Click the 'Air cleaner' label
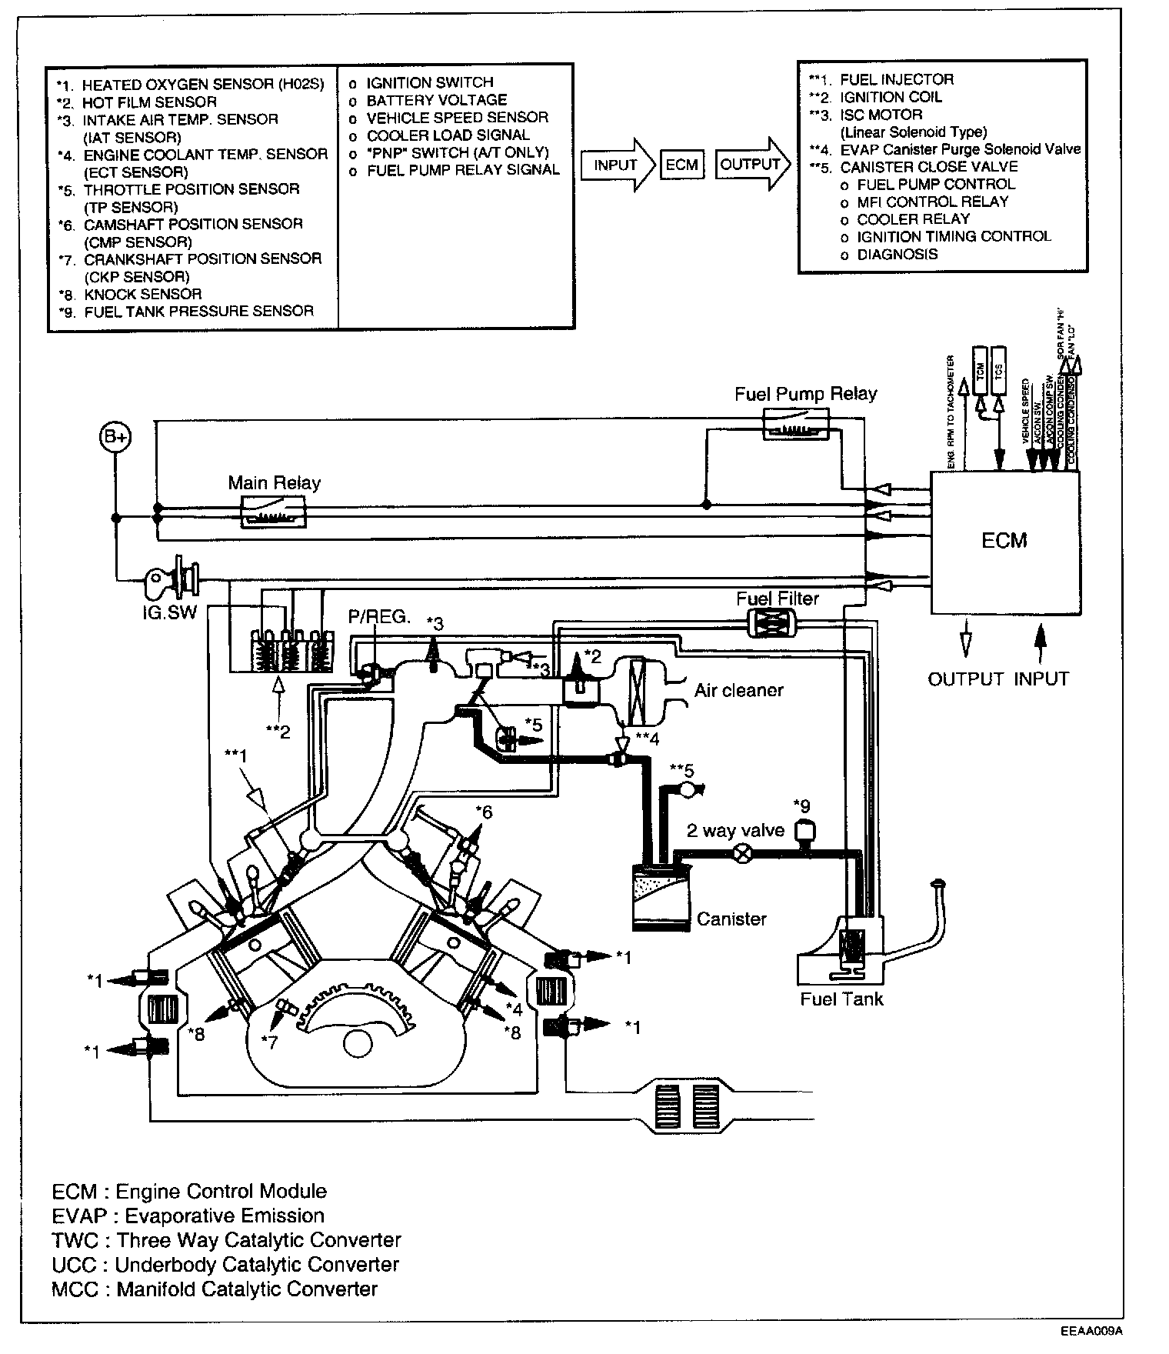pyautogui.click(x=738, y=690)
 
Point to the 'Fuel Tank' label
pyautogui.click(x=841, y=999)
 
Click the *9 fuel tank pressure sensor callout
pyautogui.click(x=804, y=807)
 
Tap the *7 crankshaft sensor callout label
pyautogui.click(x=269, y=1042)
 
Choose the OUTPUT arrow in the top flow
pyautogui.click(x=751, y=164)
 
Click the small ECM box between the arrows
pyautogui.click(x=681, y=165)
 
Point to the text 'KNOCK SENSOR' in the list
pyautogui.click(x=142, y=294)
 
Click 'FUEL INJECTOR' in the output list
pyautogui.click(x=896, y=79)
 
